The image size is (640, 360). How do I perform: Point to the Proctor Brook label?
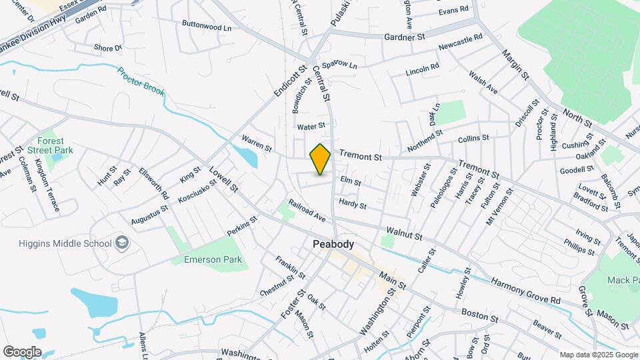(x=141, y=81)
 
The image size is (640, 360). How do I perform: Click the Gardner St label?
(x=405, y=37)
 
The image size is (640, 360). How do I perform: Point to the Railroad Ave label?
(x=307, y=210)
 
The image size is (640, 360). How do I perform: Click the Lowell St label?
(x=224, y=179)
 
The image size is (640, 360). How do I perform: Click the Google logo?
(x=22, y=351)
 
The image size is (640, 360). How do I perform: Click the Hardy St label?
(x=353, y=204)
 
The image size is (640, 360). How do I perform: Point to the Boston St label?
(x=479, y=313)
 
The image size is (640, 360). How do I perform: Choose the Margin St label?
(x=515, y=65)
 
